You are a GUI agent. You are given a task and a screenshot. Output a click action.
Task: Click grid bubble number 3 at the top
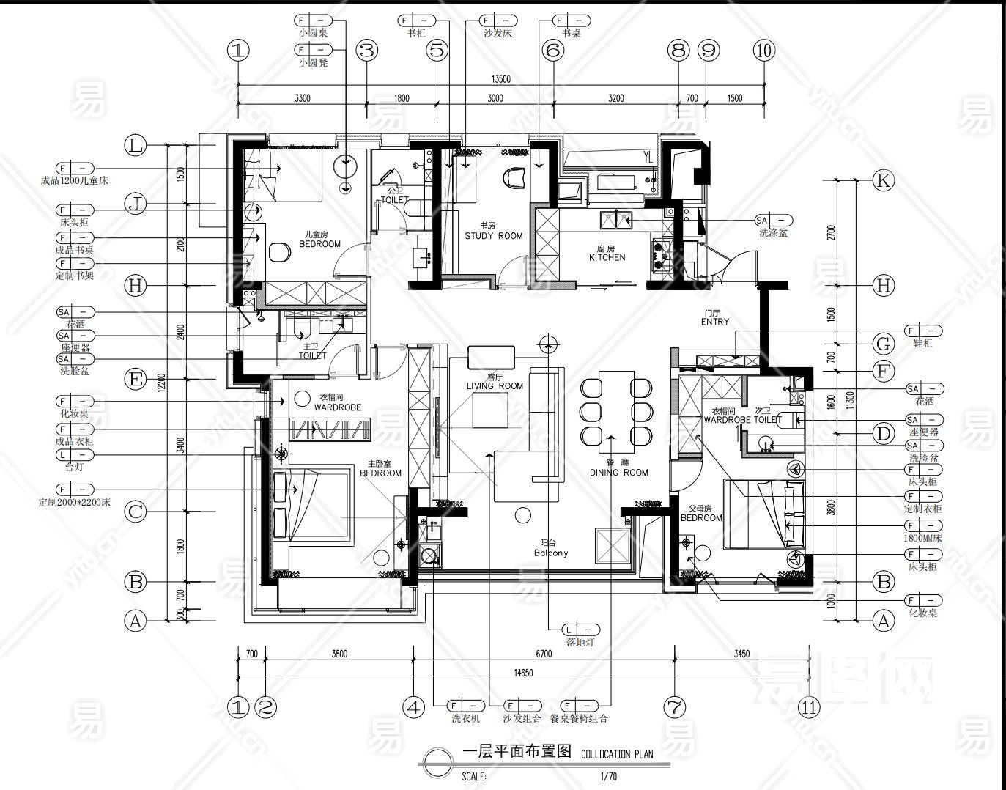tap(366, 51)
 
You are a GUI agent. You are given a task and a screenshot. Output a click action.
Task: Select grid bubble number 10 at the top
tap(763, 51)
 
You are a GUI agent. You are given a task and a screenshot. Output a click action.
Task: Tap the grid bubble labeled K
tap(884, 180)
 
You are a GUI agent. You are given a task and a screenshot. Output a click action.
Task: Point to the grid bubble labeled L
tap(135, 145)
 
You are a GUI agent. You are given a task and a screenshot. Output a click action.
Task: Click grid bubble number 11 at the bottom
tap(809, 707)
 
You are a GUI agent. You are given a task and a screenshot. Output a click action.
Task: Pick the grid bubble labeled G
tap(884, 343)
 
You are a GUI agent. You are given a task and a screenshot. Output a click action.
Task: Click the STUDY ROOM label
tap(494, 236)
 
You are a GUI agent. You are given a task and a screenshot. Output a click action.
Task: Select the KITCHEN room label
tap(607, 257)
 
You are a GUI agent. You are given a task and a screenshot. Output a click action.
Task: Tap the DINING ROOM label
tap(619, 473)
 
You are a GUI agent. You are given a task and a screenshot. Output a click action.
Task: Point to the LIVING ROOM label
tap(495, 386)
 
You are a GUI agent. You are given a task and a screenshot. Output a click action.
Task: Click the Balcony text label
tap(550, 553)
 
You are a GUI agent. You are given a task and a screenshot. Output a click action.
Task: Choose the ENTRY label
tap(715, 322)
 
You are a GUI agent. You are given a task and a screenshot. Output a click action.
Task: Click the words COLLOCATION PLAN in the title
tap(616, 753)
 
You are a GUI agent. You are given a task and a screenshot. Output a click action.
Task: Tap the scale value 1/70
tap(607, 775)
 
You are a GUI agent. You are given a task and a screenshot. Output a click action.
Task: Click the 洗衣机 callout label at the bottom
tap(465, 719)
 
